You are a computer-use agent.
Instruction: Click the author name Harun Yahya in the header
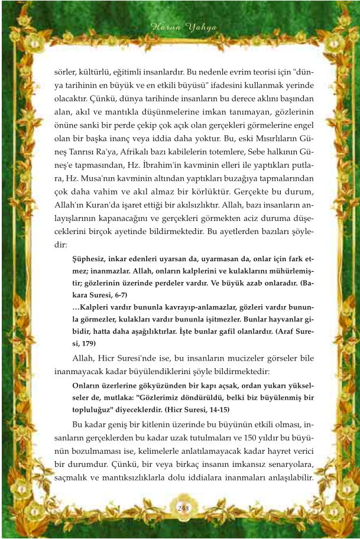coord(180,27)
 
